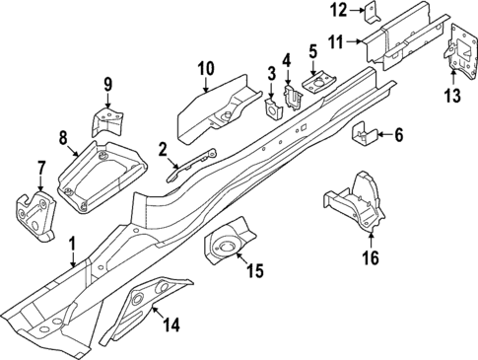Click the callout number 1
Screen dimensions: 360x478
click(71, 242)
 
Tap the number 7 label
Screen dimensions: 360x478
click(40, 167)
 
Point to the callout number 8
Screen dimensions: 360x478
click(63, 136)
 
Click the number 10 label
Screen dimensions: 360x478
click(205, 68)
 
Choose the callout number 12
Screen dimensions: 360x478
click(338, 11)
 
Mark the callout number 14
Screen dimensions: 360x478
click(171, 322)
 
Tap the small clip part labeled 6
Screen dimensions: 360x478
click(362, 135)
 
